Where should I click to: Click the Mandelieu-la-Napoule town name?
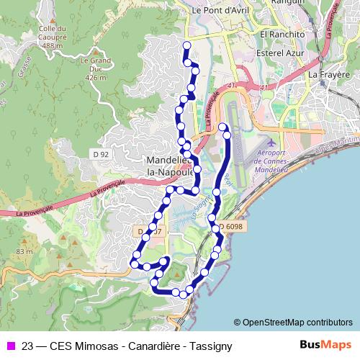[168, 166]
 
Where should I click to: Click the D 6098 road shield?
[231, 226]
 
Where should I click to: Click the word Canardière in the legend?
[148, 346]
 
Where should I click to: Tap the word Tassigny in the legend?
[209, 346]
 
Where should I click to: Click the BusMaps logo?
[325, 345]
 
